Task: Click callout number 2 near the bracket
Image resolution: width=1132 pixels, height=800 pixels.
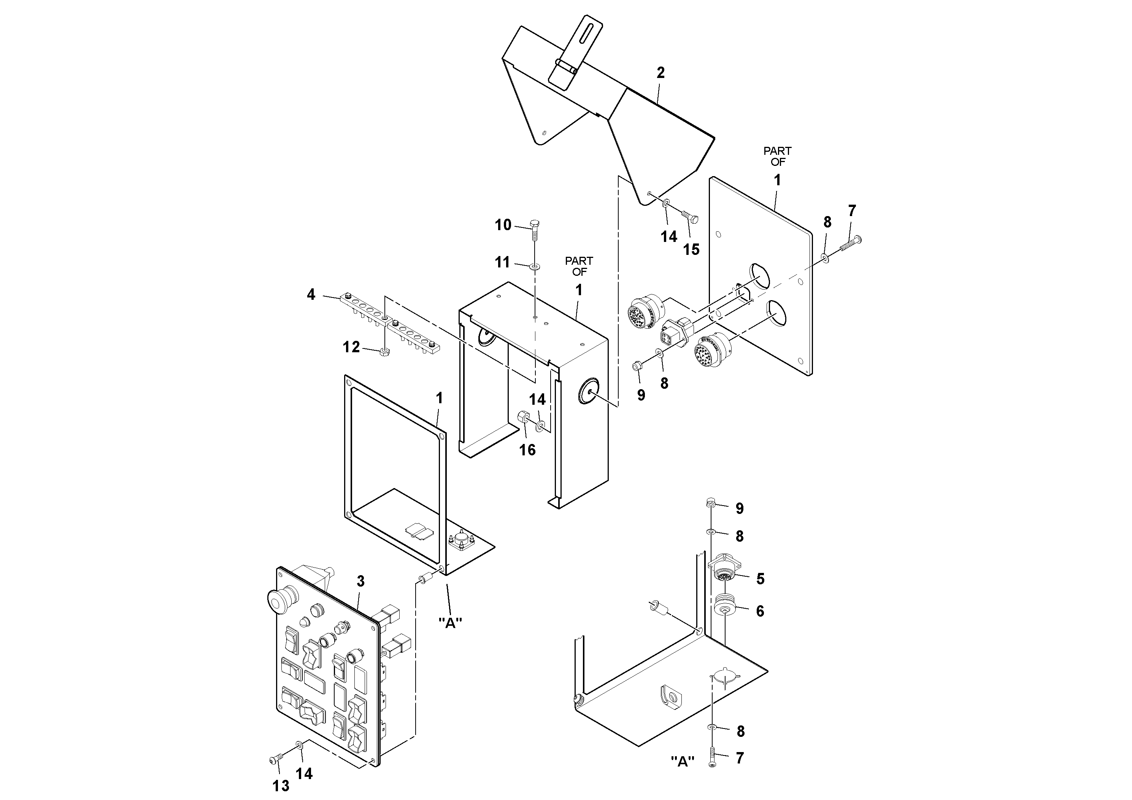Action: [660, 73]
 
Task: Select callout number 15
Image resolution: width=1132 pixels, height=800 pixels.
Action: [691, 250]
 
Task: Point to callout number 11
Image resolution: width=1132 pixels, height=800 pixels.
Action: [502, 262]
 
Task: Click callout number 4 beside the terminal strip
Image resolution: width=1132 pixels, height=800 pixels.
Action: [311, 295]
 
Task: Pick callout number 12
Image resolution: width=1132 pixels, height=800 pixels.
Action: [351, 347]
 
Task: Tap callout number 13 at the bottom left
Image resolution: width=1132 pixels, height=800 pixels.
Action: [281, 785]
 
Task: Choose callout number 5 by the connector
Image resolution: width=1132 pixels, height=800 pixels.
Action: [760, 579]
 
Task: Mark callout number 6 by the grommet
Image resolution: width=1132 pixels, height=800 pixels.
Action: [760, 612]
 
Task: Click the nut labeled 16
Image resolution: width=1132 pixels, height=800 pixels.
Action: [524, 418]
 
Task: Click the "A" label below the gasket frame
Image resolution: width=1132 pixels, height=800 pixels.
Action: [450, 623]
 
